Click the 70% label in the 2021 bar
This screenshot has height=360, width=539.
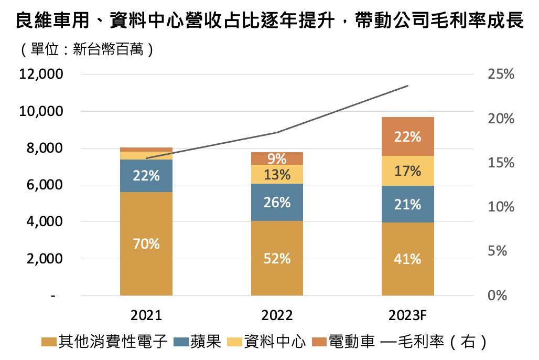click(146, 244)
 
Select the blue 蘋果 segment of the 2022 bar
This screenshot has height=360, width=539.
click(277, 202)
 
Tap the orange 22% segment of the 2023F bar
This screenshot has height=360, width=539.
click(407, 137)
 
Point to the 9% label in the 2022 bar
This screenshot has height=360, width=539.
click(277, 158)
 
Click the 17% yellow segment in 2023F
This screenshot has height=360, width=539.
click(407, 171)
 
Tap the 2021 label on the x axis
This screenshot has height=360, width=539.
click(146, 315)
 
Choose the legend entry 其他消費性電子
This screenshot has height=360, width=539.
click(105, 342)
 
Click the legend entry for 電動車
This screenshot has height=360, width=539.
click(346, 342)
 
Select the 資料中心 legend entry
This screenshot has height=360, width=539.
click(267, 342)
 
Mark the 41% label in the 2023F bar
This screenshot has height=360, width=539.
click(407, 259)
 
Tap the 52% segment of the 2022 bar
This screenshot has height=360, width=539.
click(277, 258)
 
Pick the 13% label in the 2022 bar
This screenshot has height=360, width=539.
click(277, 175)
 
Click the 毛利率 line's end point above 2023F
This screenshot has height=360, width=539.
click(407, 86)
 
